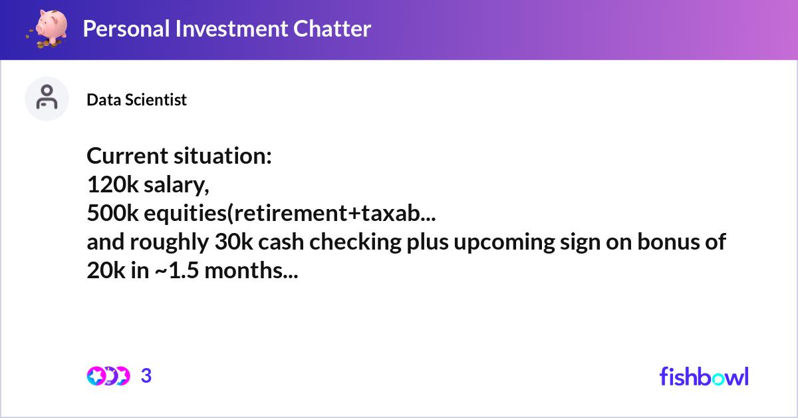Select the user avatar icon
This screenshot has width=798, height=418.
(47, 99)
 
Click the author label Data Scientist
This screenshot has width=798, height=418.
(136, 100)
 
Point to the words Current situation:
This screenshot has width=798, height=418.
(179, 156)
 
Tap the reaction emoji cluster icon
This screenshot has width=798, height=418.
(108, 376)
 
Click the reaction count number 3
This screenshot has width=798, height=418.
(146, 376)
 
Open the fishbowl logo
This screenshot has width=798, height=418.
(704, 376)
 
